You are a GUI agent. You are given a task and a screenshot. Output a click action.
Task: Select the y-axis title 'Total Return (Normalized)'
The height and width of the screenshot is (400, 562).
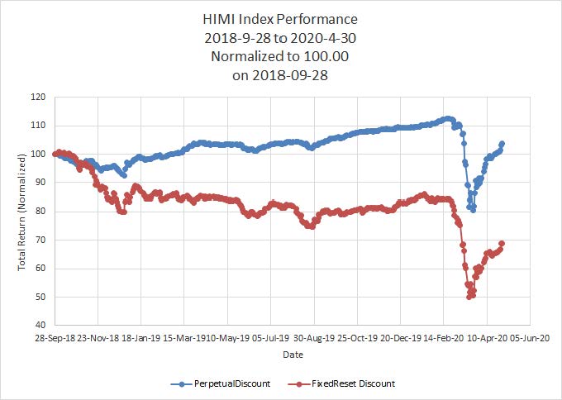(x=21, y=212)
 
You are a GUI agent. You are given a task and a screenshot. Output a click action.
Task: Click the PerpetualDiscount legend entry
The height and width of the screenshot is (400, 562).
(x=220, y=383)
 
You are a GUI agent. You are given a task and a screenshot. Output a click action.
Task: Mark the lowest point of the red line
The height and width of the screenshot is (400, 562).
(x=469, y=296)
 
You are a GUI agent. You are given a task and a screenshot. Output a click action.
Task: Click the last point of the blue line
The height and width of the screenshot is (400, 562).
(x=502, y=144)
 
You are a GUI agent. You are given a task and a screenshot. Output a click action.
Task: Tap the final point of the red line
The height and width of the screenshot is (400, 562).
(x=502, y=243)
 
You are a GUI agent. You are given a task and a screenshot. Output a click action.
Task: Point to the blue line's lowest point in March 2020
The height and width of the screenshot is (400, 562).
(x=473, y=210)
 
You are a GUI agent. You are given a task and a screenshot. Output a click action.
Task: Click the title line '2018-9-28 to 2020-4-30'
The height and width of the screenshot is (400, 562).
(x=281, y=38)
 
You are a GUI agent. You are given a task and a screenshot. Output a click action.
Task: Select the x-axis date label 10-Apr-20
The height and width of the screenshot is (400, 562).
(x=486, y=338)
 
